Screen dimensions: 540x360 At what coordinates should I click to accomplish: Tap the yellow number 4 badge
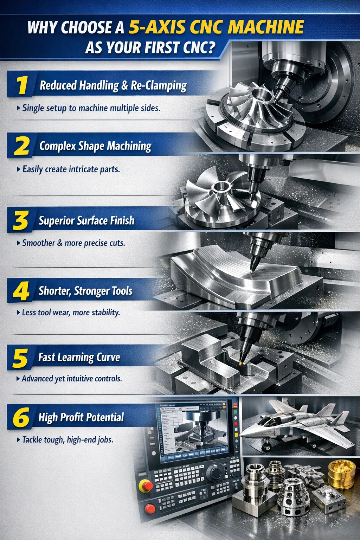(x=21, y=291)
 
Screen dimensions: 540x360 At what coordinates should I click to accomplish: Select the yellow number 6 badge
(x=21, y=417)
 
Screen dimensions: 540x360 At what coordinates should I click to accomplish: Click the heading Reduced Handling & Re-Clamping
(x=113, y=85)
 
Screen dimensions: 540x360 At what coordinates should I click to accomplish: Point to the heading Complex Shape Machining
(x=95, y=146)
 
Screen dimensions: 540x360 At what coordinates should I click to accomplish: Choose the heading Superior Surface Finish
(x=86, y=220)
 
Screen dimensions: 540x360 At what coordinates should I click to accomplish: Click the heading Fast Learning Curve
(x=79, y=357)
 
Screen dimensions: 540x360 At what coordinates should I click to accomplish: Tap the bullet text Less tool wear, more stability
(x=71, y=312)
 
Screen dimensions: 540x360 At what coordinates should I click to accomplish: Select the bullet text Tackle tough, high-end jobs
(x=67, y=439)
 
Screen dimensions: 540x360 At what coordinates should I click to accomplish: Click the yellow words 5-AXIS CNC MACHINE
(x=216, y=27)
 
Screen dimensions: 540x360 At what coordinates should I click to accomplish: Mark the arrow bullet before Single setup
(x=18, y=108)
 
